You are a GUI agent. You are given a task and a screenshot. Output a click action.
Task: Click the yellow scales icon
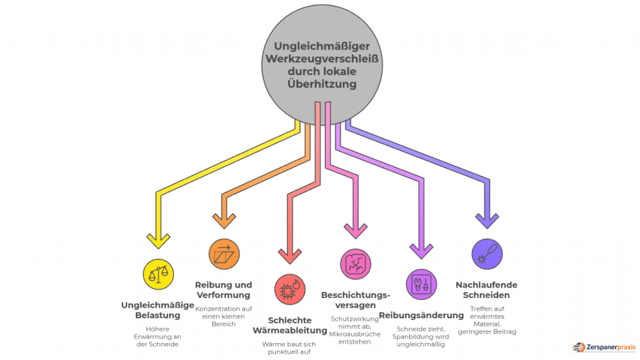point(159,273)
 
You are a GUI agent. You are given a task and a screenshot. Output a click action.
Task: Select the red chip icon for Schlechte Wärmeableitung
point(289,289)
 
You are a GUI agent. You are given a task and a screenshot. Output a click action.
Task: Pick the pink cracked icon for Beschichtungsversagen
point(356,264)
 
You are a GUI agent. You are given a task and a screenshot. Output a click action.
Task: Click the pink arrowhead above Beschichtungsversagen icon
point(356,230)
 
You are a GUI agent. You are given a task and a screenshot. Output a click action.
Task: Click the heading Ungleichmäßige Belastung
point(158,310)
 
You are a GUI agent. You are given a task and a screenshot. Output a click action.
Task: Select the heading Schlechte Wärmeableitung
point(289,325)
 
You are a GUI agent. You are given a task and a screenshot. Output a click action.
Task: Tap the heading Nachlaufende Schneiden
point(486,290)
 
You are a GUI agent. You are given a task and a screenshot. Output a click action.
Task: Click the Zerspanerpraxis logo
point(603,346)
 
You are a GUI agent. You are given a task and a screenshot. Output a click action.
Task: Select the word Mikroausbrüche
point(355,334)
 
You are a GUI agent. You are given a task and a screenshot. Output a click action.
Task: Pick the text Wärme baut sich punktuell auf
point(289,347)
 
